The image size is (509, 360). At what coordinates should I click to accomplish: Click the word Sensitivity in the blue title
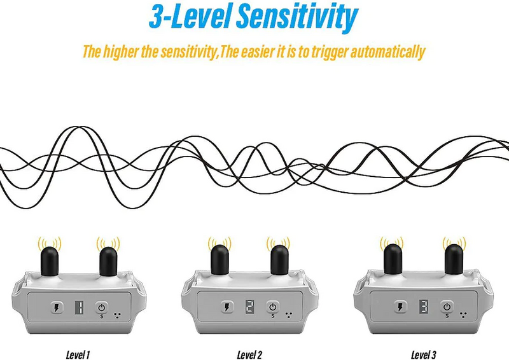pyautogui.click(x=296, y=17)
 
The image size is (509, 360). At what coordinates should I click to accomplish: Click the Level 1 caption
pyautogui.click(x=78, y=355)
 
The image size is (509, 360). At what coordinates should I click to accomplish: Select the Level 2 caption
pyautogui.click(x=249, y=355)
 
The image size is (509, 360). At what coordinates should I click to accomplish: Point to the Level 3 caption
pyautogui.click(x=424, y=355)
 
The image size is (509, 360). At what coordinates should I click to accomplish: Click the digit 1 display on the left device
pyautogui.click(x=79, y=307)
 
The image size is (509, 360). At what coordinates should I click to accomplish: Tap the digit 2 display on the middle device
pyautogui.click(x=249, y=307)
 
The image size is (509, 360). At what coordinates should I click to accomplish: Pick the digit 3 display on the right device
pyautogui.click(x=424, y=307)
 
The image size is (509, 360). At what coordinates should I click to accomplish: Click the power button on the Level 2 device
pyautogui.click(x=273, y=307)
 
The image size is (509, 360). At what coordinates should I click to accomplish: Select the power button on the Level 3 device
pyautogui.click(x=447, y=307)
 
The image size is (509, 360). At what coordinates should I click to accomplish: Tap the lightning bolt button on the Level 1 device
pyautogui.click(x=57, y=308)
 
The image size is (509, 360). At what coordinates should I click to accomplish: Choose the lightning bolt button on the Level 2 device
pyautogui.click(x=227, y=307)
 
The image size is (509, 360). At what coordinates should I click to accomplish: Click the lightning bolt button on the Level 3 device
pyautogui.click(x=400, y=307)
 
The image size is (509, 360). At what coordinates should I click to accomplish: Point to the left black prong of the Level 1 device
pyautogui.click(x=50, y=261)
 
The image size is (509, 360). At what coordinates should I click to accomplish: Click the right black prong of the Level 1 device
pyautogui.click(x=108, y=261)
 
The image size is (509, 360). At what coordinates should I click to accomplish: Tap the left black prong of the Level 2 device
pyautogui.click(x=220, y=260)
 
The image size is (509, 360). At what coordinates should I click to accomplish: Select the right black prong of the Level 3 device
pyautogui.click(x=454, y=260)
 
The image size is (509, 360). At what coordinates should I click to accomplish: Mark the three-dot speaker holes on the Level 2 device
pyautogui.click(x=288, y=315)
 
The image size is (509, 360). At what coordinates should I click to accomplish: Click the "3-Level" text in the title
pyautogui.click(x=191, y=17)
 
